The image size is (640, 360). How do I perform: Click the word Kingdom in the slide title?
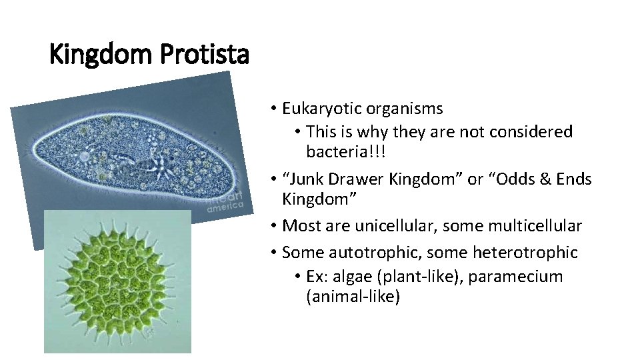tap(99, 54)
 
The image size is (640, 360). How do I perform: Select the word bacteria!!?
tap(346, 152)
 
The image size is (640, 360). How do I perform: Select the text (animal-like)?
tap(353, 296)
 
